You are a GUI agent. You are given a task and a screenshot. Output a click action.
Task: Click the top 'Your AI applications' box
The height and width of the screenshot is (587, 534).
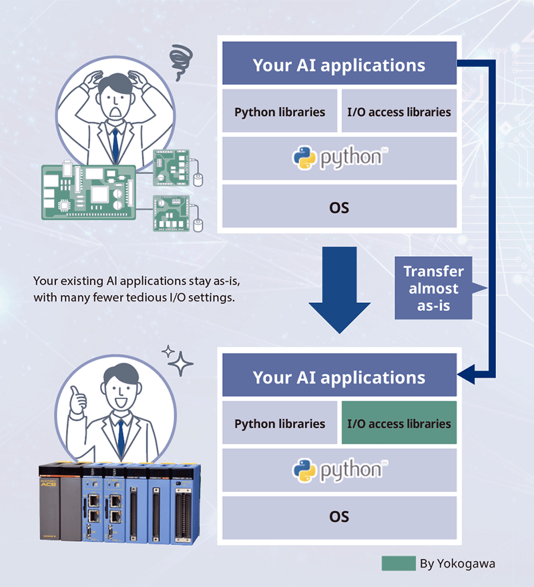[x=339, y=65]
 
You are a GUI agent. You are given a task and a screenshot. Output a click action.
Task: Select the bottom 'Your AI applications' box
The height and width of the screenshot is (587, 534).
[x=339, y=377]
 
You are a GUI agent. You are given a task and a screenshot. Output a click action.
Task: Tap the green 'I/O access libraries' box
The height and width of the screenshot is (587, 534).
[x=399, y=423]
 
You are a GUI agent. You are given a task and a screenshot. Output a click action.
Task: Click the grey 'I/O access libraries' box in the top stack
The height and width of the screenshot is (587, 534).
[x=399, y=111]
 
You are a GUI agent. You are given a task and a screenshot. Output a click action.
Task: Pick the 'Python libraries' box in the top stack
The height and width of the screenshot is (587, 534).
[x=280, y=111]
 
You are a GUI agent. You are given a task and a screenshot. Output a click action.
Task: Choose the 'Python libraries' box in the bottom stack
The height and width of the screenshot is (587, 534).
[x=280, y=423]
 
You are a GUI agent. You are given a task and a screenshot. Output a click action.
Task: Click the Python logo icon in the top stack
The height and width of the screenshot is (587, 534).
[x=304, y=158]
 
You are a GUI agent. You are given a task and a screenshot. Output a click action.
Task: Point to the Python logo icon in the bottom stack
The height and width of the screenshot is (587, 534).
[x=304, y=470]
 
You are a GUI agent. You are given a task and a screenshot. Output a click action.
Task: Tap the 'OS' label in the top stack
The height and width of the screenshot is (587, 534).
[x=339, y=207]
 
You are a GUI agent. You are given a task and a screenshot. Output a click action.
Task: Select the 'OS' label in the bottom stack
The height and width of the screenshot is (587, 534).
[x=339, y=517]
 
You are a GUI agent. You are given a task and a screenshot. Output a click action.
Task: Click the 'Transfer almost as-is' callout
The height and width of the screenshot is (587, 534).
[x=434, y=288]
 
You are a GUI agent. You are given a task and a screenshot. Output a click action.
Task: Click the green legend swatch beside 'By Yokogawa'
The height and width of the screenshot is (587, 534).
[x=398, y=564]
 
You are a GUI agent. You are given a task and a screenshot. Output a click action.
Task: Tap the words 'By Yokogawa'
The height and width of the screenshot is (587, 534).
[x=458, y=564]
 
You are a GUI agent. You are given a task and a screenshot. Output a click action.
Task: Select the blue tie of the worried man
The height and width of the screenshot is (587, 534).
[x=115, y=143]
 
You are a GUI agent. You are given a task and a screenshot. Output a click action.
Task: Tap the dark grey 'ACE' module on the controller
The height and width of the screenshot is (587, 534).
[x=48, y=500]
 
